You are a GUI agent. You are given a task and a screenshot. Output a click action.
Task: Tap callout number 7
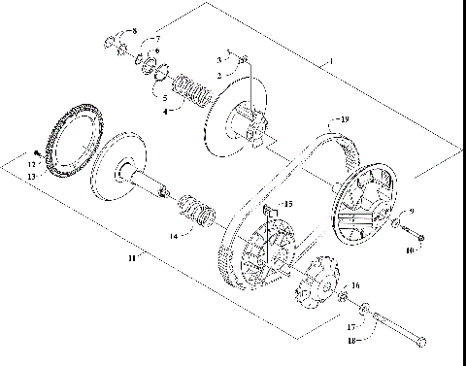click(x=158, y=40)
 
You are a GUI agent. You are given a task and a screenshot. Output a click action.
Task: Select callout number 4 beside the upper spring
click(x=165, y=112)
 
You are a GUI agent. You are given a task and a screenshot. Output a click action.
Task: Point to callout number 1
click(x=331, y=60)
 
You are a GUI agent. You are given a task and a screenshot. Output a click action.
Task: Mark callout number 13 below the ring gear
click(x=32, y=177)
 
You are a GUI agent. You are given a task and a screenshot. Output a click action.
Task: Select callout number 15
click(x=286, y=205)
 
